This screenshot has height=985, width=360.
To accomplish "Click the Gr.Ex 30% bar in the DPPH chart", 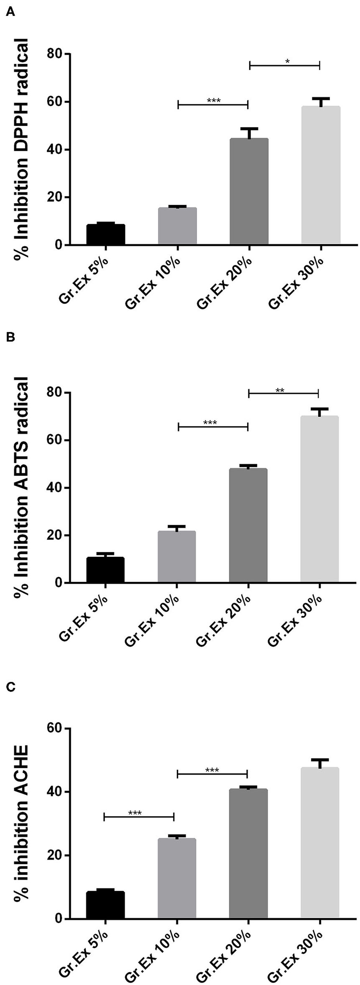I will pos(320,176).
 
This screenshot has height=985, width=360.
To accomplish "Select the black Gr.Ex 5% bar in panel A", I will pos(106,235).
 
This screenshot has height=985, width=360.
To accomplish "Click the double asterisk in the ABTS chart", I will pos(280,391).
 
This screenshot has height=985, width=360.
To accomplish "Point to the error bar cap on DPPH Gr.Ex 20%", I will pos(249,129).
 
